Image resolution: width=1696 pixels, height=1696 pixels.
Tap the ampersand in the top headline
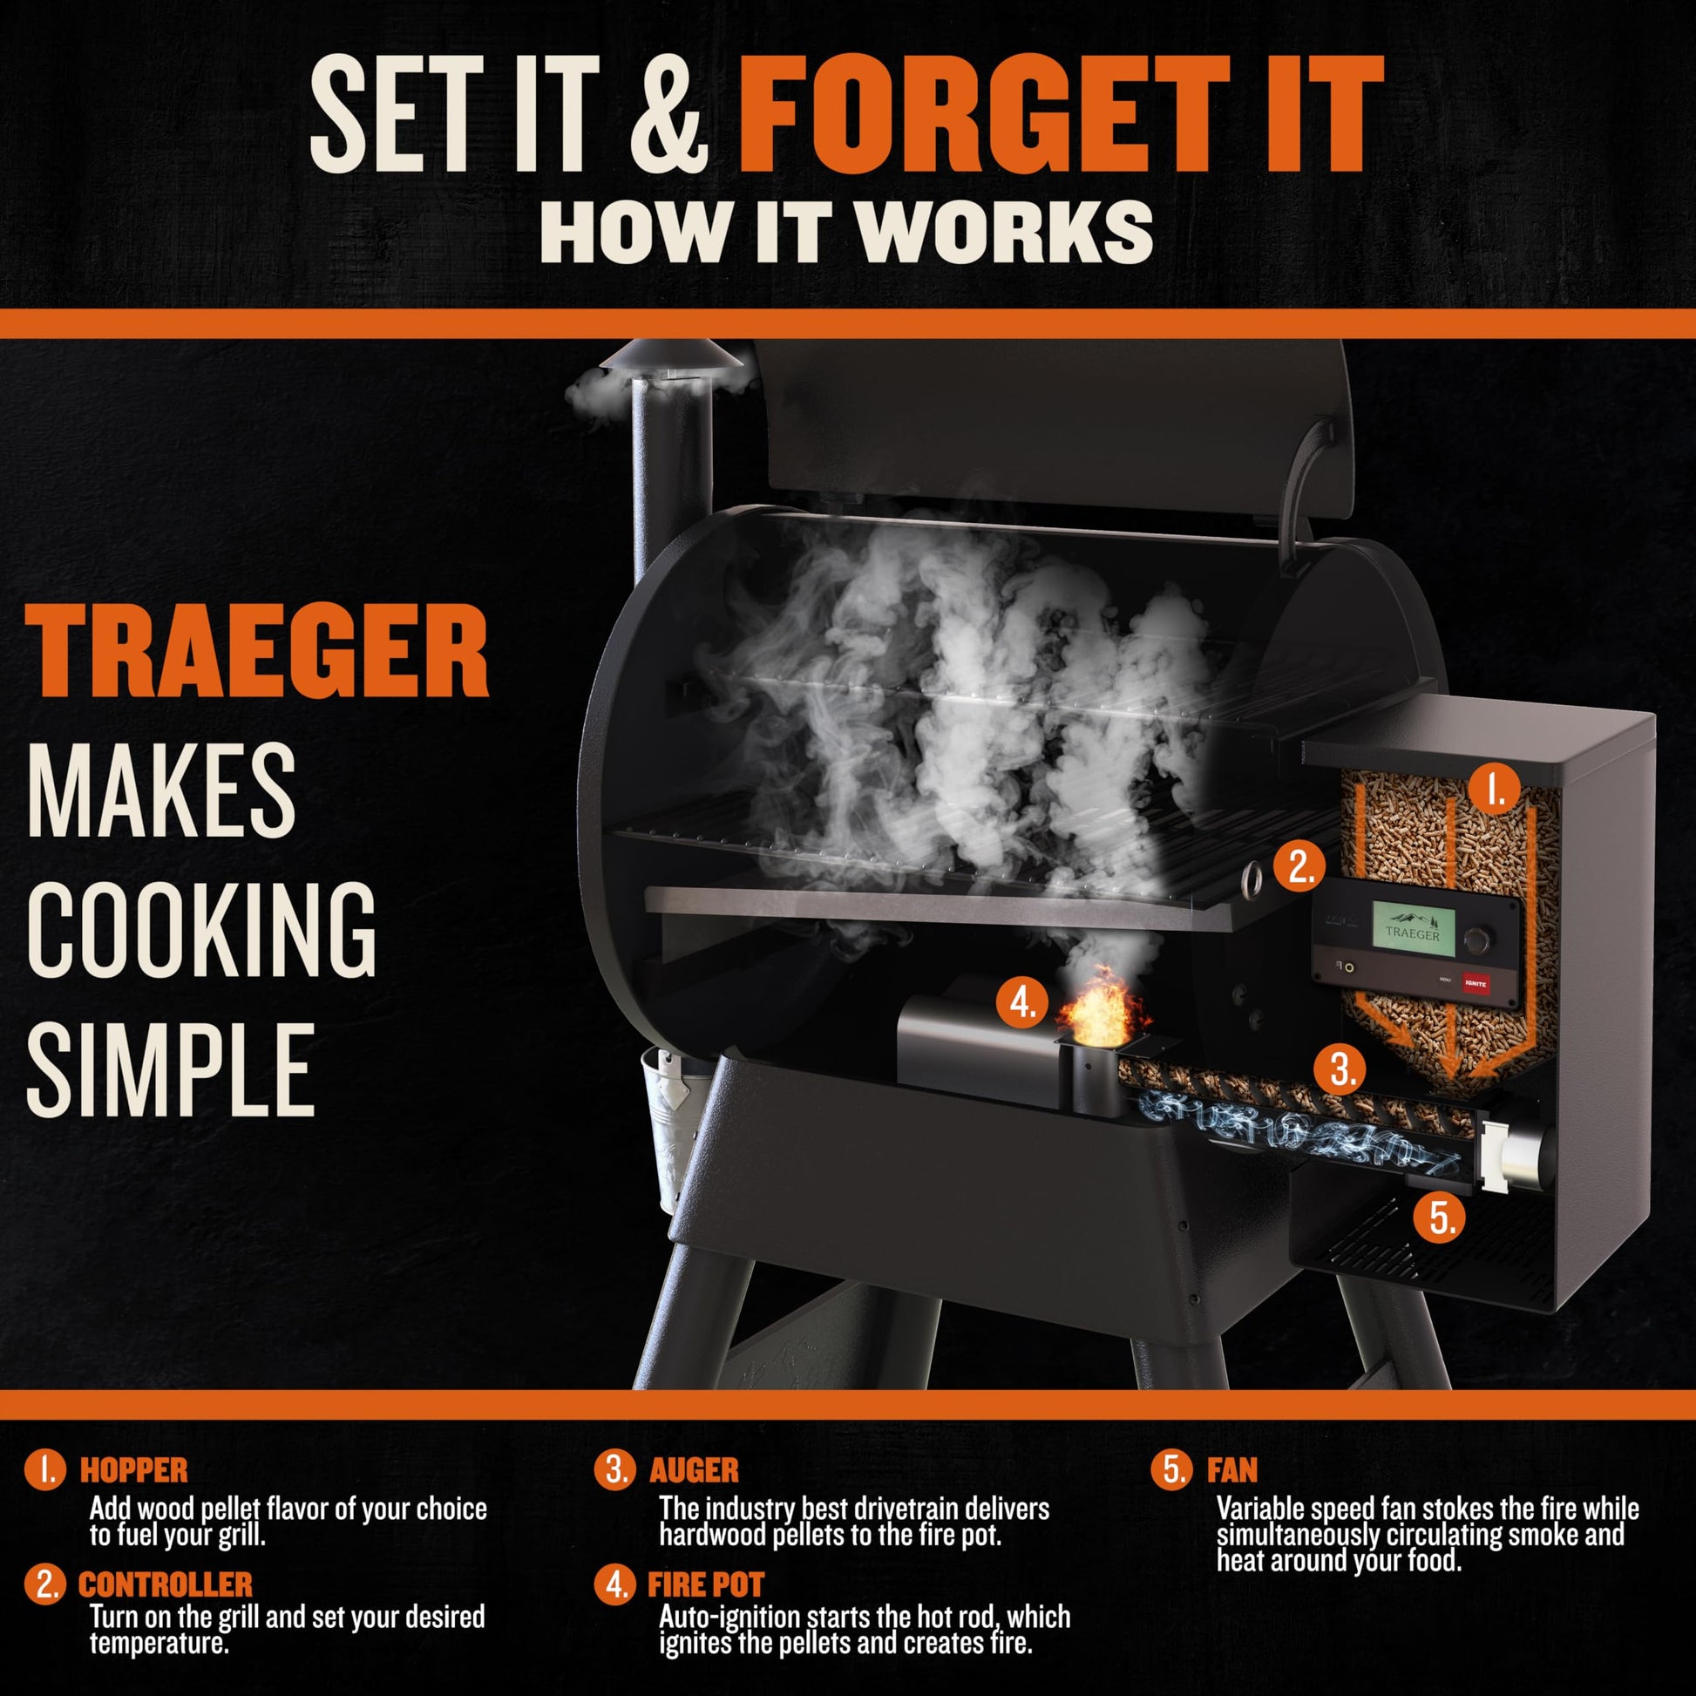669,115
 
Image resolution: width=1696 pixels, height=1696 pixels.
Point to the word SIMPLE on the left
170,1070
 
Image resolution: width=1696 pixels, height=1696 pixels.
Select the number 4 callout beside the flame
1022,1001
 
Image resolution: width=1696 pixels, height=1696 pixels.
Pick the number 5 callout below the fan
1442,1218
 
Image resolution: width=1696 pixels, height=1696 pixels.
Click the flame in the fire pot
1102,1008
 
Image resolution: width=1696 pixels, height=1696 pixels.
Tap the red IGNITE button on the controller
1476,983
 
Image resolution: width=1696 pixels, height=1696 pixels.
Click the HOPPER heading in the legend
133,1470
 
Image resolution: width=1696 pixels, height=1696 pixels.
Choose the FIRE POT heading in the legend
706,1584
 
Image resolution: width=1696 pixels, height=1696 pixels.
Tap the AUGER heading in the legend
694,1470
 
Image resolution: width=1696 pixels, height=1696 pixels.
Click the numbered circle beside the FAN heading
1174,1469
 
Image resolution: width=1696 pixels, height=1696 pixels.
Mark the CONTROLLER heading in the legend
165,1584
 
